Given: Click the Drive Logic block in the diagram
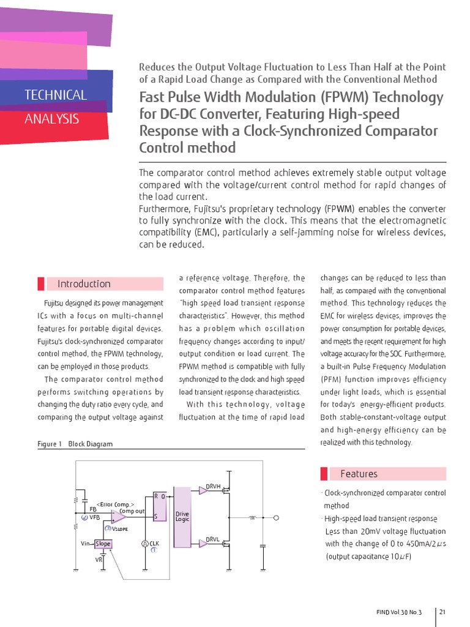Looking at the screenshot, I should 182,516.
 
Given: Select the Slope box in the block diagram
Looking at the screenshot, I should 103,544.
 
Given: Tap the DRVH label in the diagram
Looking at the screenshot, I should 213,486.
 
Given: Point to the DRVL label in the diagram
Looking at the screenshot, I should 212,539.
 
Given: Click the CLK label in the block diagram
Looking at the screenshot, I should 154,543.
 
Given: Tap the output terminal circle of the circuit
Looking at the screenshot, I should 276,518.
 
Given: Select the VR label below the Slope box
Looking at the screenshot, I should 99,560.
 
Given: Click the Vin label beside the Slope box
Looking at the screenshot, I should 86,544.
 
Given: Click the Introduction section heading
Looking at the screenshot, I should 84,284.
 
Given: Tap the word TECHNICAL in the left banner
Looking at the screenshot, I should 56,95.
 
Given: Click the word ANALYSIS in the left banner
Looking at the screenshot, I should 51,119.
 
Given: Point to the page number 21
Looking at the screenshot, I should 442,612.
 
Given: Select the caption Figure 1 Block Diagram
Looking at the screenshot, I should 75,444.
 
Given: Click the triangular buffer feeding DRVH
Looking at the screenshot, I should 203,490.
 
